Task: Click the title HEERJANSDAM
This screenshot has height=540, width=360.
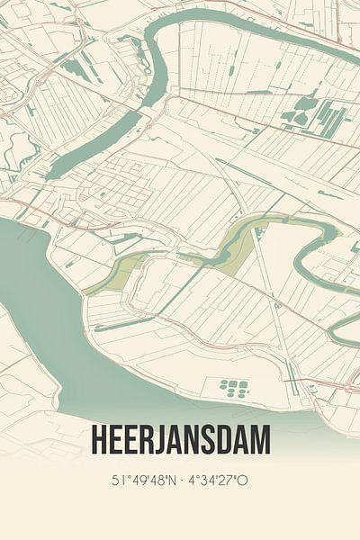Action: pos(180,440)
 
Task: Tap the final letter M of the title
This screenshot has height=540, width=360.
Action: pos(258,440)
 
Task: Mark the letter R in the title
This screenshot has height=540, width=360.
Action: pos(147,440)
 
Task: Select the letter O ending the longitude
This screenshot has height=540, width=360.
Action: pos(243,481)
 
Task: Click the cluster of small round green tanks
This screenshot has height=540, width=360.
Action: pos(233,387)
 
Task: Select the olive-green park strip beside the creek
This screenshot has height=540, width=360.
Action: pos(117,273)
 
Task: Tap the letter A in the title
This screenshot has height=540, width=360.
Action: pos(180,440)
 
